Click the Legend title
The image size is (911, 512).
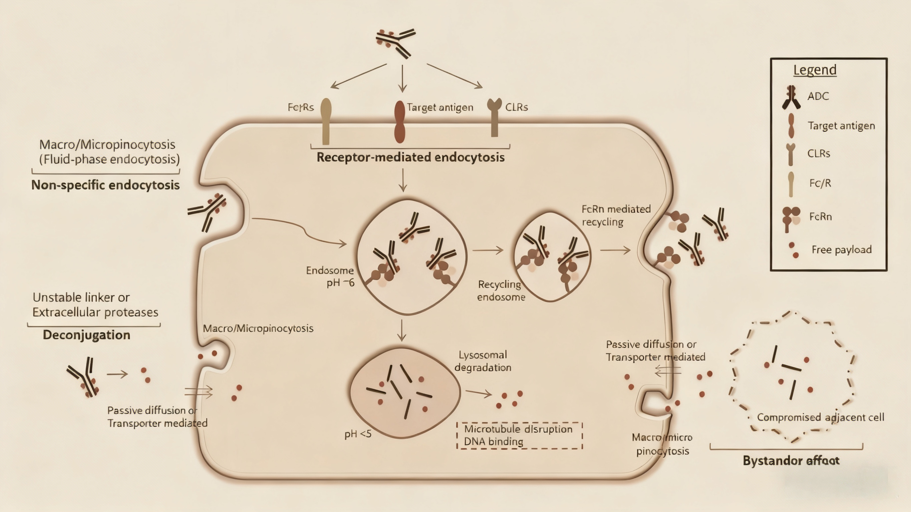click(x=815, y=70)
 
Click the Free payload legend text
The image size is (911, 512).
click(x=841, y=249)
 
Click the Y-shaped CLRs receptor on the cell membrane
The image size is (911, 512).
click(x=495, y=117)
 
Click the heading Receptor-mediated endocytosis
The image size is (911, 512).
click(x=410, y=157)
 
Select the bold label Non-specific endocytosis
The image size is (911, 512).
click(x=105, y=185)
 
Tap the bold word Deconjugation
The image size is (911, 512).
click(x=87, y=335)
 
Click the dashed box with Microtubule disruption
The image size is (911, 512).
click(x=519, y=435)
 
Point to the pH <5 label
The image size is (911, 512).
click(x=358, y=434)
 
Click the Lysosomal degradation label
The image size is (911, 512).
click(x=483, y=361)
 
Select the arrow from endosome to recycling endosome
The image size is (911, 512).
click(x=488, y=250)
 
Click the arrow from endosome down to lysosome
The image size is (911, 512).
click(x=401, y=330)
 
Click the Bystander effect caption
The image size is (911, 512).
click(x=791, y=460)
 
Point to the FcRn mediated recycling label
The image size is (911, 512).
click(x=616, y=215)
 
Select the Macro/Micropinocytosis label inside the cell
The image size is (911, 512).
click(x=258, y=329)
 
